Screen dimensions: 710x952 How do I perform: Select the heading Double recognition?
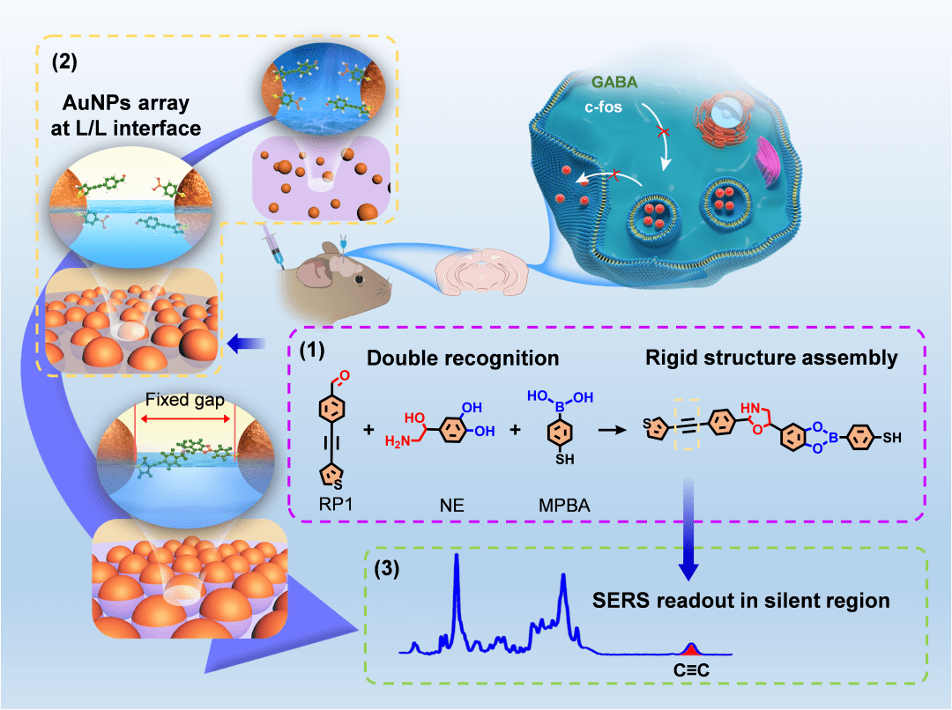463,359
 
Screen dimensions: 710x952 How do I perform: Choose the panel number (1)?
312,350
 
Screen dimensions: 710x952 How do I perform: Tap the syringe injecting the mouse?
271,244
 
